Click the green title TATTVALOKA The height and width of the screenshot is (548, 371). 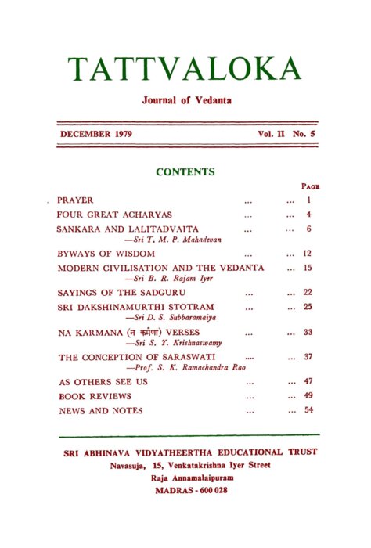click(184, 69)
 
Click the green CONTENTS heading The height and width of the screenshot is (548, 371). click(185, 171)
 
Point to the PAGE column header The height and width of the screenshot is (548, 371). click(310, 187)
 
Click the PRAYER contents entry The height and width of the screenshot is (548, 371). click(75, 200)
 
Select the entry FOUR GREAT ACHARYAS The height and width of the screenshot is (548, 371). click(114, 214)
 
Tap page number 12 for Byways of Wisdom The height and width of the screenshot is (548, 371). click(308, 254)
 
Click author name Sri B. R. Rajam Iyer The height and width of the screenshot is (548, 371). click(173, 278)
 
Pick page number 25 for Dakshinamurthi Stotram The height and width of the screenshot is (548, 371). click(308, 306)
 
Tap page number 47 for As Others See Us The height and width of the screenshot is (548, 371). click(308, 382)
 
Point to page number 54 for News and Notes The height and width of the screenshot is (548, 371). click(308, 409)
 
